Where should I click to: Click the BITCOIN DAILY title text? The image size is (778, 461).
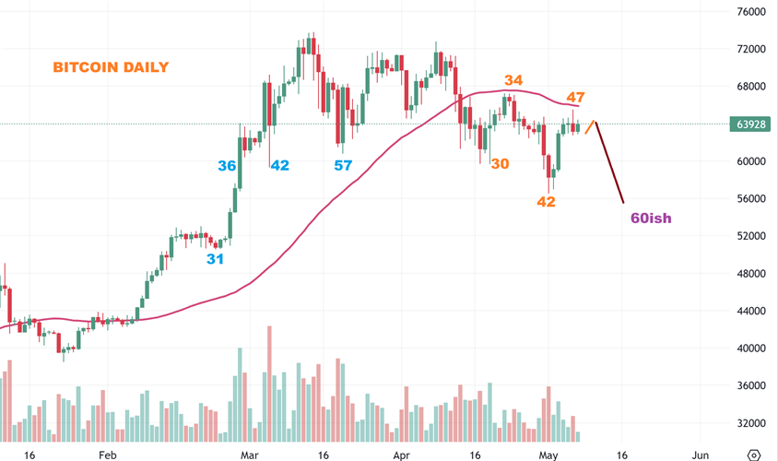(111, 67)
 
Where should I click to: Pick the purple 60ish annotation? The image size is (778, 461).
(650, 219)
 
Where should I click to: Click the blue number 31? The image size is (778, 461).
(215, 259)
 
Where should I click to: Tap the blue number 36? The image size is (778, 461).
(227, 166)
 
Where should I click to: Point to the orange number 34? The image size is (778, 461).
(513, 81)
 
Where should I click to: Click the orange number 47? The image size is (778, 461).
(576, 97)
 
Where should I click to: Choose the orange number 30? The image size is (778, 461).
(501, 163)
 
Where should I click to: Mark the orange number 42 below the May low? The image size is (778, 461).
(546, 202)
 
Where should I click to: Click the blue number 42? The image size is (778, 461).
(279, 166)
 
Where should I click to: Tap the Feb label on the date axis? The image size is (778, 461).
(107, 455)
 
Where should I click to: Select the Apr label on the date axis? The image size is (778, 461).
(400, 455)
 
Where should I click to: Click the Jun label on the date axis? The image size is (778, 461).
(700, 455)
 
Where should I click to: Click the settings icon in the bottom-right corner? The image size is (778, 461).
(754, 455)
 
